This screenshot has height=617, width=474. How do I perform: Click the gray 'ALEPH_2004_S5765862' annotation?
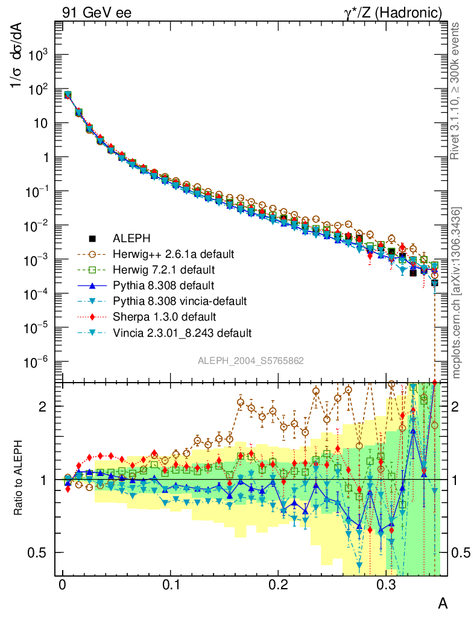[x=250, y=360]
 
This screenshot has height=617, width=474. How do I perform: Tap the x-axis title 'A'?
[x=443, y=603]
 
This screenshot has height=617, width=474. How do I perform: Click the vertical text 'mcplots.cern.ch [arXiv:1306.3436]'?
[x=457, y=293]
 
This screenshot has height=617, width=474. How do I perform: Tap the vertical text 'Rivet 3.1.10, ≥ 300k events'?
[x=457, y=90]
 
